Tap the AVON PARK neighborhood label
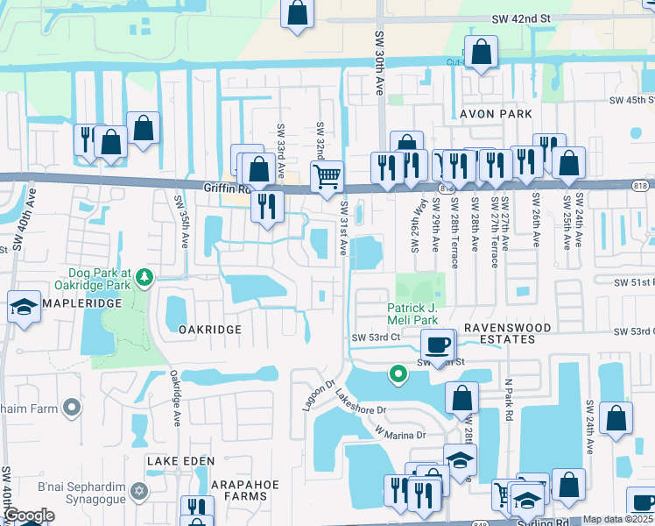point(496,114)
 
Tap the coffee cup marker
point(437,344)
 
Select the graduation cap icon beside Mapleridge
point(23,307)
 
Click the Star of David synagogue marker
point(137,490)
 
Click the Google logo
point(29,515)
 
